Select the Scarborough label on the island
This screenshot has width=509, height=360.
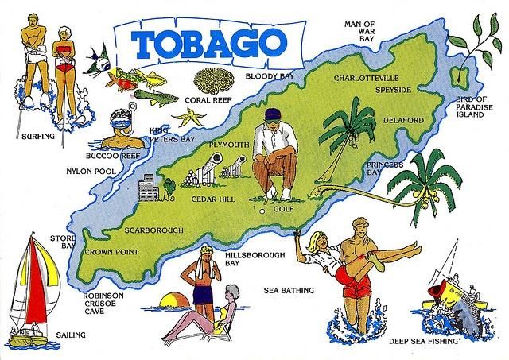pos(156,230)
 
